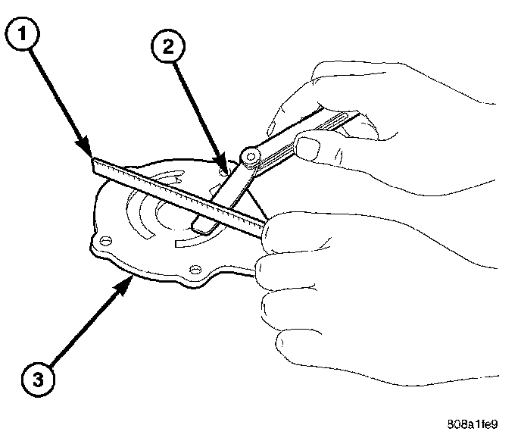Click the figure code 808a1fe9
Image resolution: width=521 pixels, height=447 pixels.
coord(473,425)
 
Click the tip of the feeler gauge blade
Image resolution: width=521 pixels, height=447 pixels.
coord(198,225)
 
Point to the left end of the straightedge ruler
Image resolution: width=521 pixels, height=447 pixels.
coord(93,163)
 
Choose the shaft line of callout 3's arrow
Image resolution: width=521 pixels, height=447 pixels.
coord(83,327)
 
